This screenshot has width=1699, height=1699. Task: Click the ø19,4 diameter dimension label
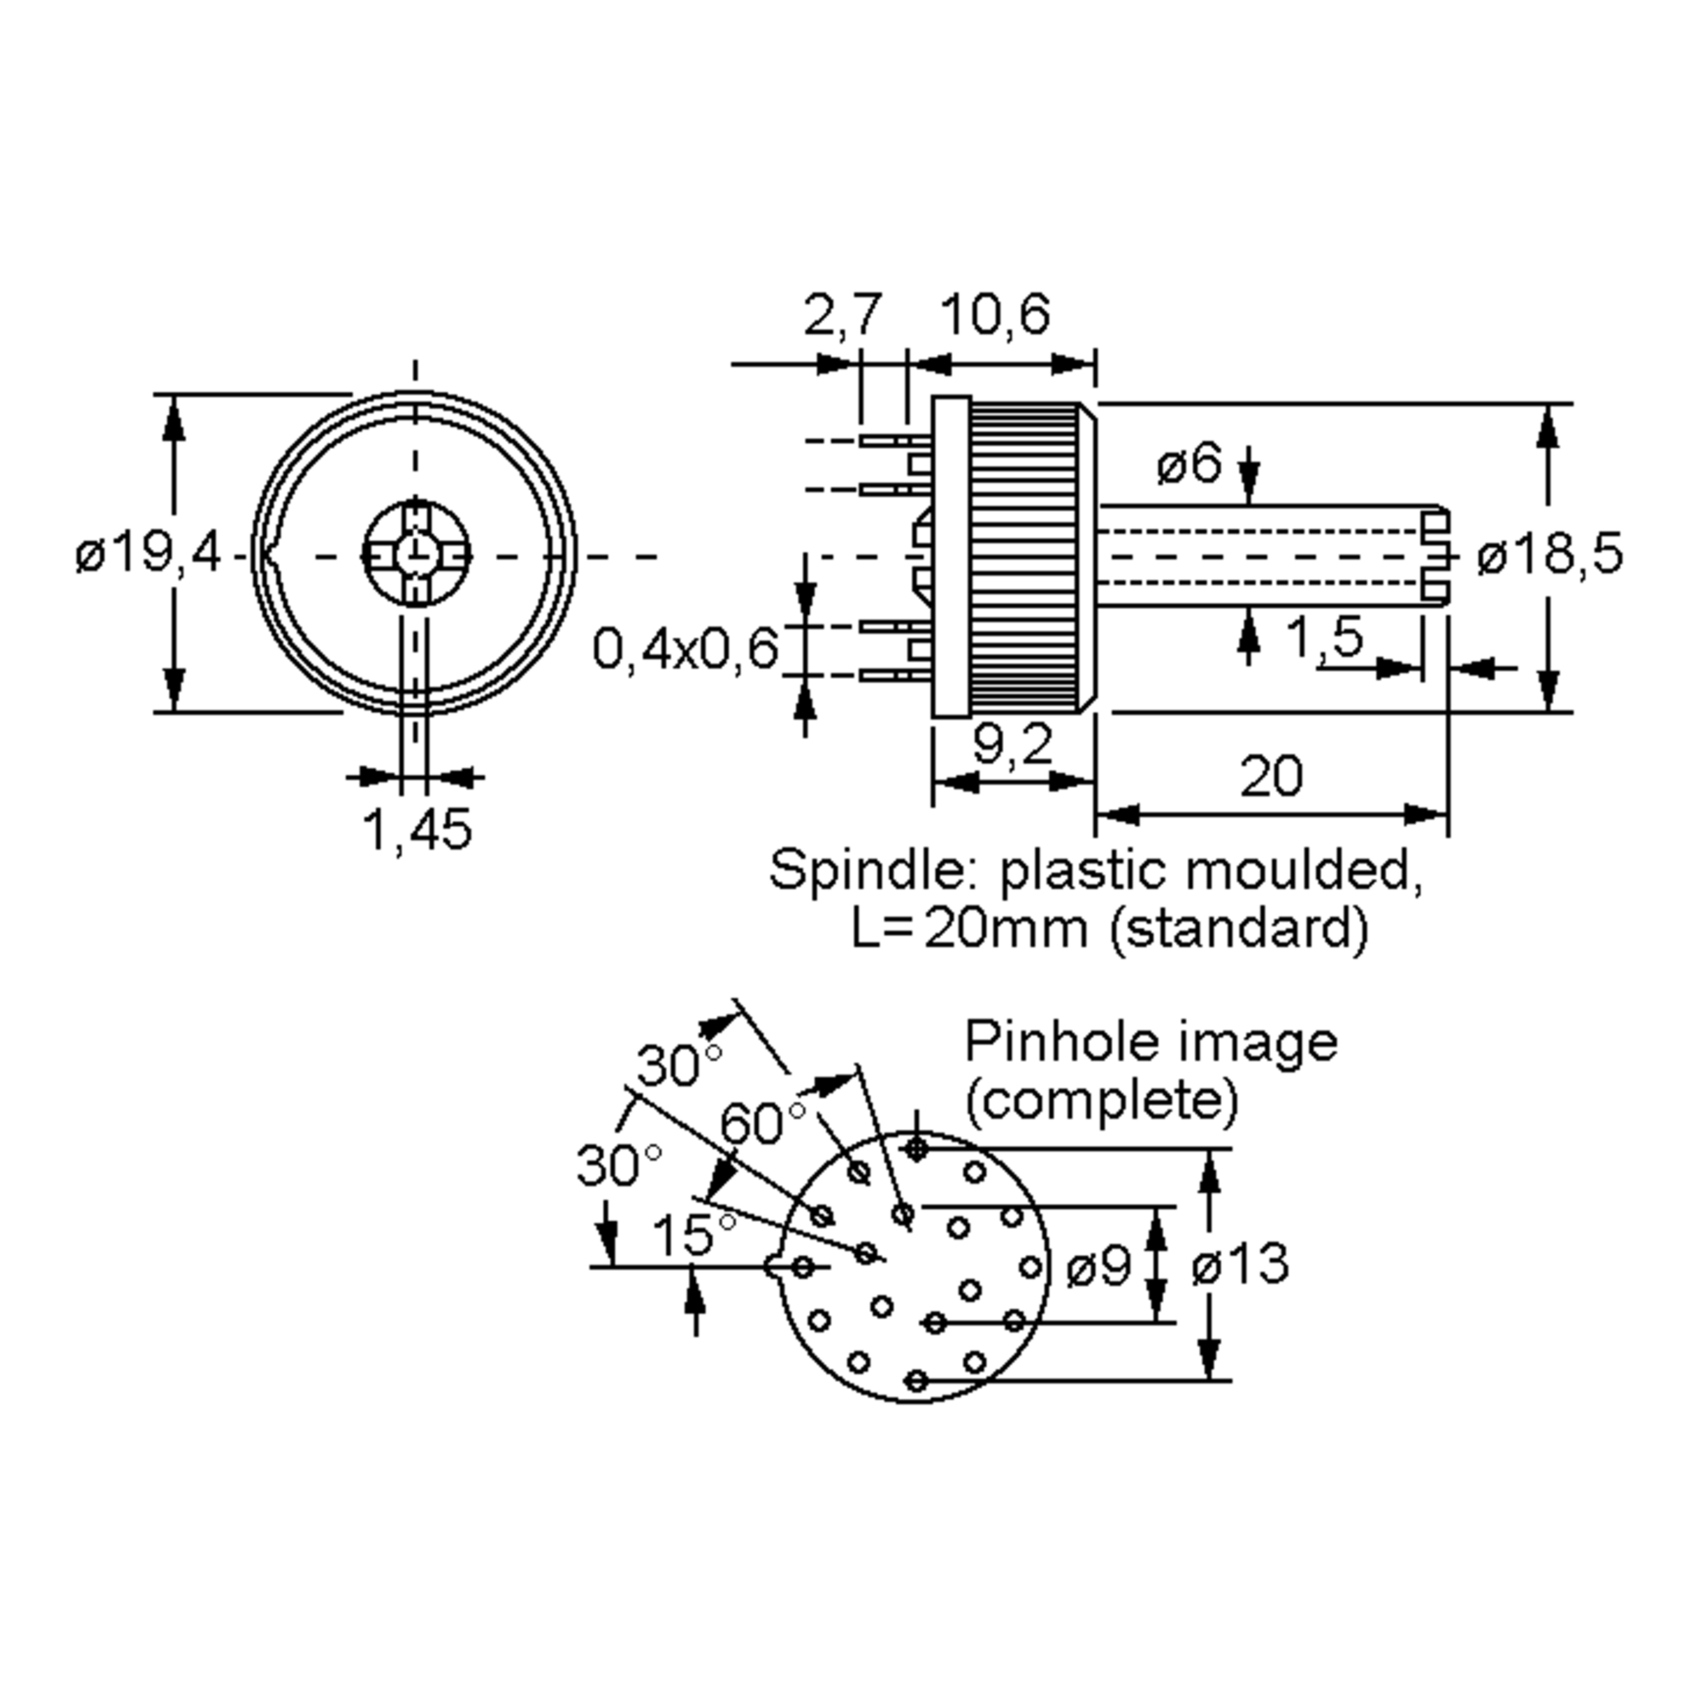[x=148, y=554]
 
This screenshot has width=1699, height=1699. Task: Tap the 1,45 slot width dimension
[x=417, y=828]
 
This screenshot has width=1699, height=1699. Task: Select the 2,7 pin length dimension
[x=841, y=316]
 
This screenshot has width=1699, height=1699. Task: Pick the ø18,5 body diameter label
[x=1550, y=555]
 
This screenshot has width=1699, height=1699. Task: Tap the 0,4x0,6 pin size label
[x=686, y=650]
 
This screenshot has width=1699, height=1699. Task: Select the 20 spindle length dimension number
[x=1271, y=777]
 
